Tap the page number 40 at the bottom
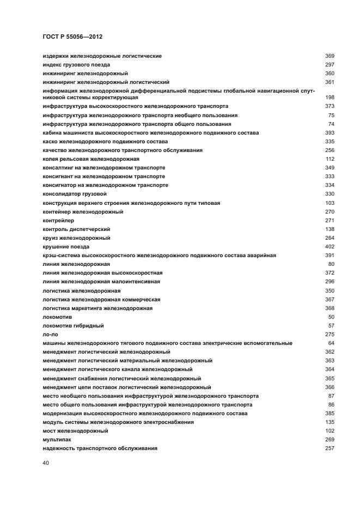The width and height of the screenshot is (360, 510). [46, 463]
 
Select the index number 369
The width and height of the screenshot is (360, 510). [329, 56]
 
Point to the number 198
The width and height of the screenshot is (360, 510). [329, 97]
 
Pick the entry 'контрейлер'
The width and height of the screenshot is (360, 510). [58, 220]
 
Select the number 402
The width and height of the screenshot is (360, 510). [329, 246]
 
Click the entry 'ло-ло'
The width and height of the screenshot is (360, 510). [50, 334]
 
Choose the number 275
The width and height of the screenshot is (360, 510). [329, 334]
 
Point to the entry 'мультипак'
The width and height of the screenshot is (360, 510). [57, 439]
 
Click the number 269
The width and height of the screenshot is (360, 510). [329, 439]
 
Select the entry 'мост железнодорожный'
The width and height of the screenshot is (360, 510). [75, 430]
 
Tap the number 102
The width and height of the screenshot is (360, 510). [329, 430]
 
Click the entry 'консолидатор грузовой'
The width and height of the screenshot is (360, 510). [75, 193]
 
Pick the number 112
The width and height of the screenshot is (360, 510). [329, 159]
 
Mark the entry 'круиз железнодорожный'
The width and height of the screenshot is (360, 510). [76, 238]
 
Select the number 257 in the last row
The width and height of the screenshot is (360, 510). [329, 448]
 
